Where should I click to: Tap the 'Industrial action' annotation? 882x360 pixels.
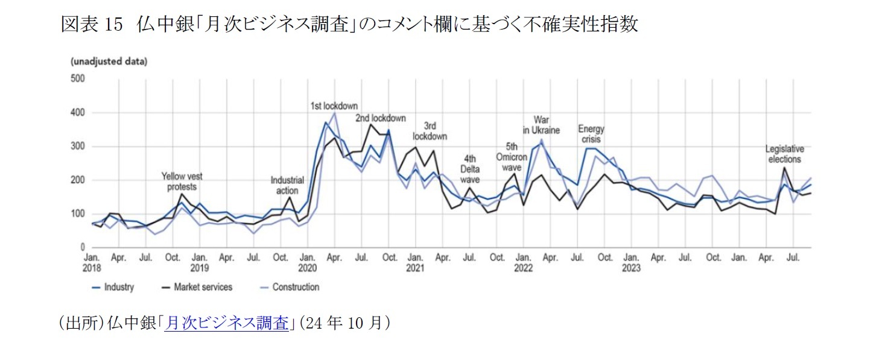(x=287, y=185)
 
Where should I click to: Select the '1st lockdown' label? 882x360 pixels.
(x=334, y=106)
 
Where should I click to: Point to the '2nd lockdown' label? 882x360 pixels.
(x=380, y=118)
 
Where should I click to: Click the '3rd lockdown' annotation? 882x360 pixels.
(x=430, y=131)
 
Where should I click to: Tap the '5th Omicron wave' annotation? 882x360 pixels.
(x=512, y=156)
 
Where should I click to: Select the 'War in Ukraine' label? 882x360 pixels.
(x=541, y=125)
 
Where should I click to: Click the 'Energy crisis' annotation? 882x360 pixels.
(x=591, y=134)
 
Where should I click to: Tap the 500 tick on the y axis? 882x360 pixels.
(x=78, y=78)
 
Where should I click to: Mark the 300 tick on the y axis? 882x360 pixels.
(x=78, y=147)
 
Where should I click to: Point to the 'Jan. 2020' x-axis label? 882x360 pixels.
(x=308, y=262)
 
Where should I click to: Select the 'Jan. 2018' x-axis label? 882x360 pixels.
(x=92, y=262)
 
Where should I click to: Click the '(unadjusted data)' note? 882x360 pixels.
(x=109, y=62)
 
